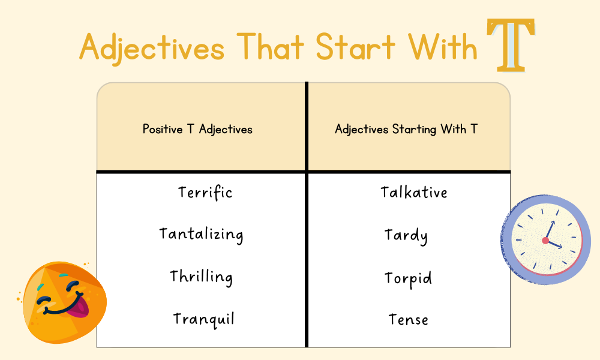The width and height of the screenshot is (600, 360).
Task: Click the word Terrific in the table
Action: point(205,192)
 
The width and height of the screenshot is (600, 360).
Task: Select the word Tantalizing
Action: point(201,234)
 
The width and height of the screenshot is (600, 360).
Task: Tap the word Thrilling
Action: point(201,277)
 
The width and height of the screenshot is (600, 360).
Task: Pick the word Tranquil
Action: point(203,319)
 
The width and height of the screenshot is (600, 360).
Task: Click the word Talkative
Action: point(414,192)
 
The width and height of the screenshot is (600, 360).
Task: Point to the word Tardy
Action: point(406,235)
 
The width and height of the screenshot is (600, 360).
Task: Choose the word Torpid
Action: point(408,278)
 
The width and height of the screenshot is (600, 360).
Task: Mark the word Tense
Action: point(408,319)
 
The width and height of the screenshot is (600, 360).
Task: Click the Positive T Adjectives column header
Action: point(197,129)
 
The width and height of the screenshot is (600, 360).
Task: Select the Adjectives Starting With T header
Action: point(406,129)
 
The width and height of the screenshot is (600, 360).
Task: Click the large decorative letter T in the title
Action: point(511,45)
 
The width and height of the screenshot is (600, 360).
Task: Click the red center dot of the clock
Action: point(545,241)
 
